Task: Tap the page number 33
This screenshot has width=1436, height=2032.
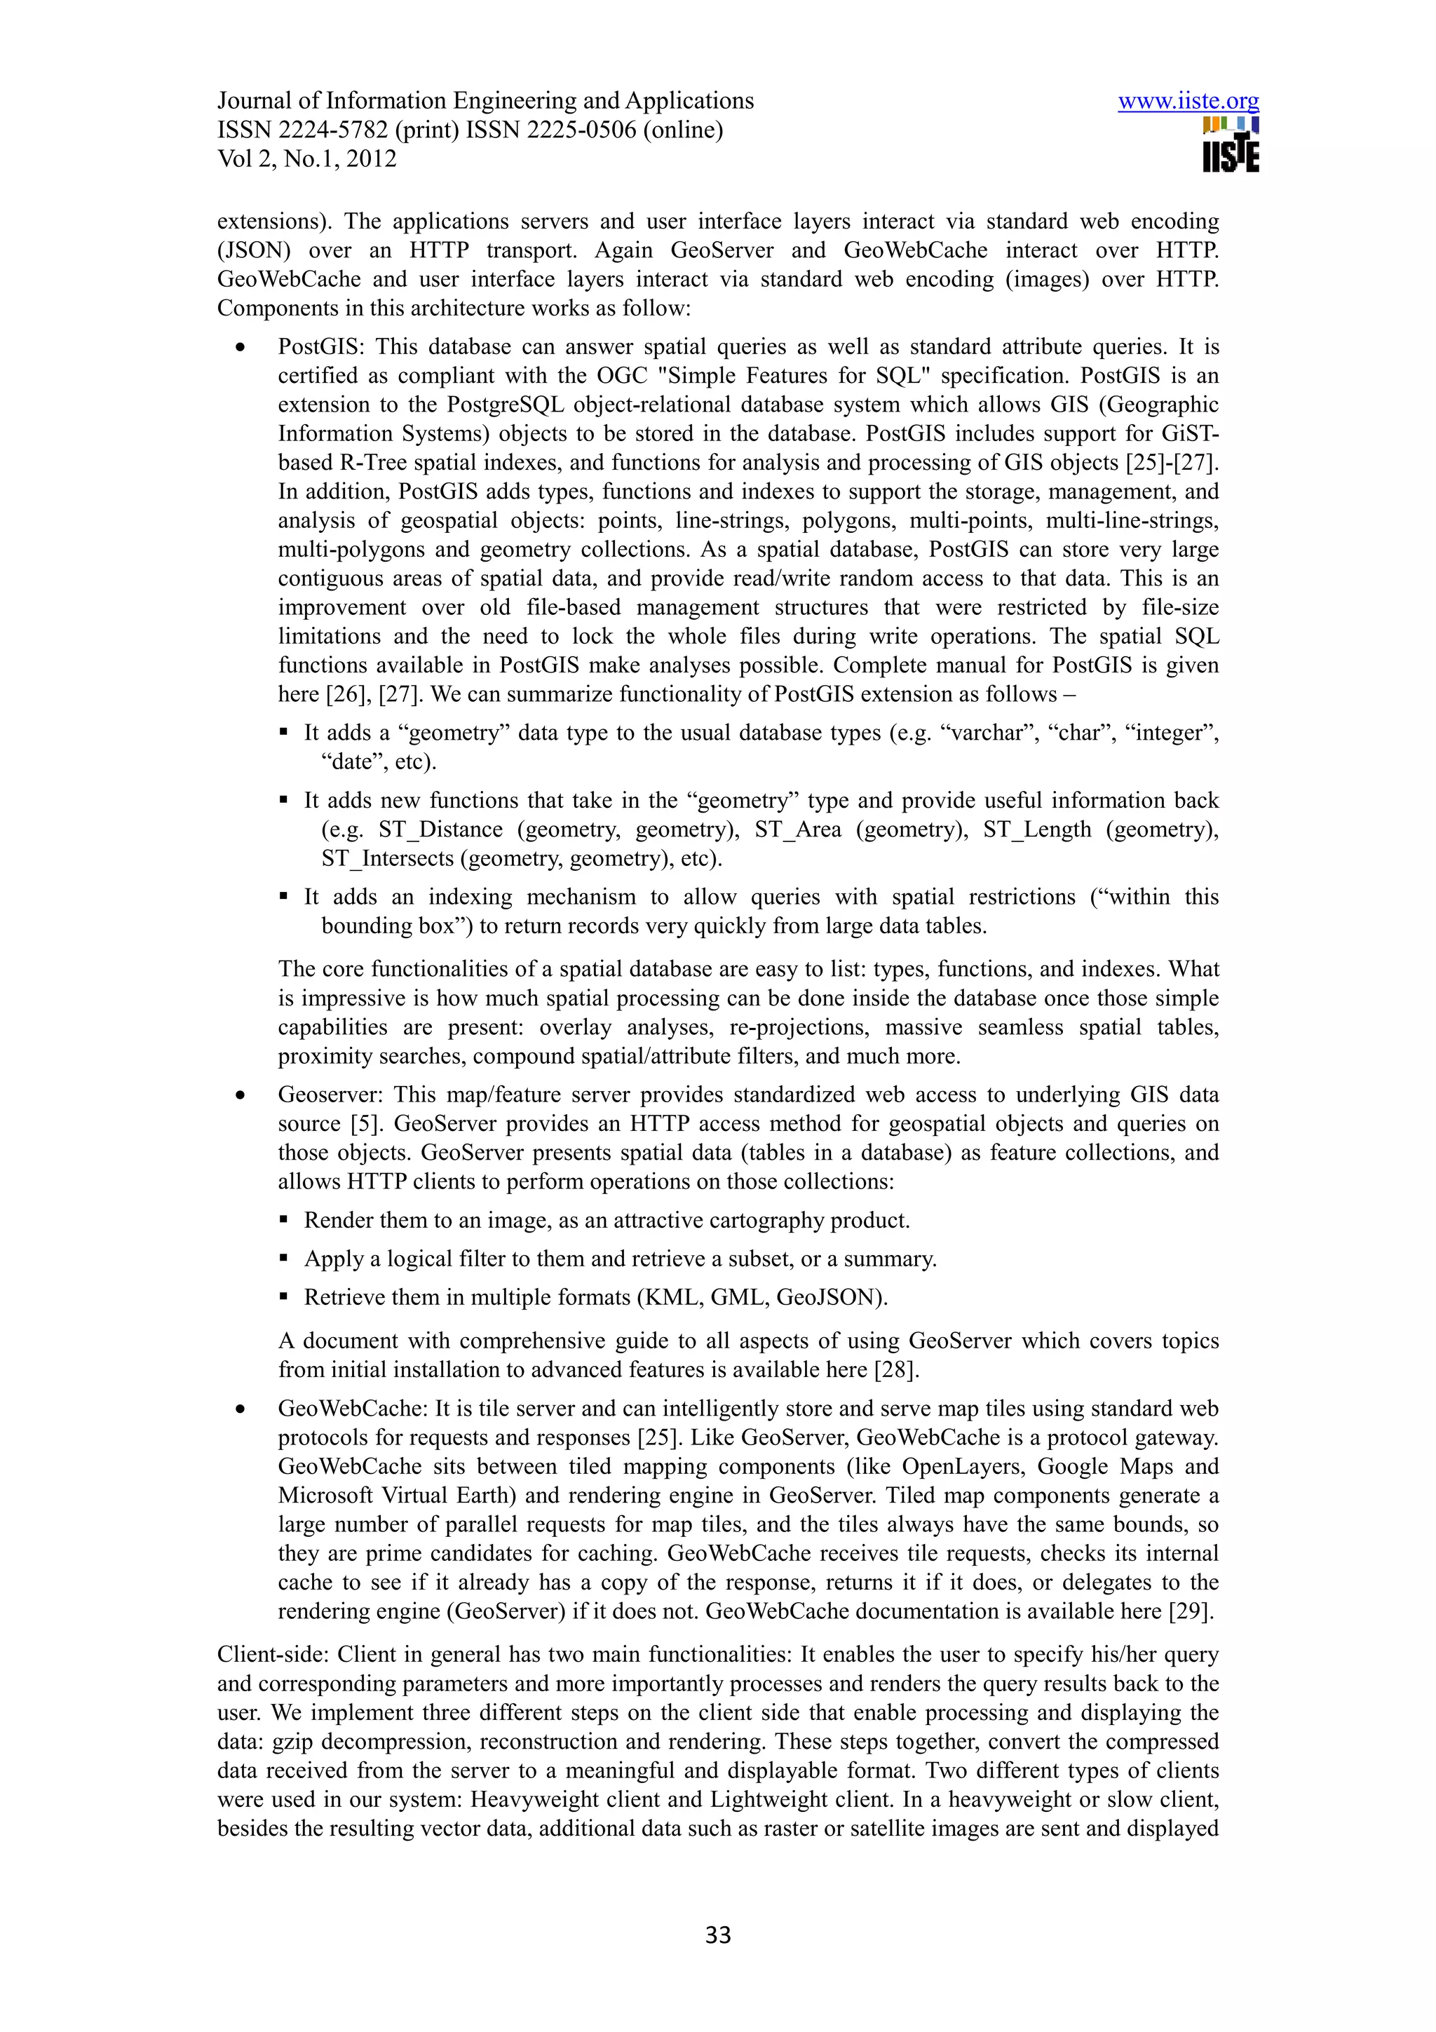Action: coord(717,1935)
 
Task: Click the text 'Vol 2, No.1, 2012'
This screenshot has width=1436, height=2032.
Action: coord(306,159)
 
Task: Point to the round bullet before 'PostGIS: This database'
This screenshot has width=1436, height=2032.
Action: coord(240,348)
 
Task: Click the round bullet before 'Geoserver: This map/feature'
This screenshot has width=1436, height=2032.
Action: coord(240,1096)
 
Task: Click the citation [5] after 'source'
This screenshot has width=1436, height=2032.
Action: coord(365,1124)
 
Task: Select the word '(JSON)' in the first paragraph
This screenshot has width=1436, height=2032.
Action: coord(254,250)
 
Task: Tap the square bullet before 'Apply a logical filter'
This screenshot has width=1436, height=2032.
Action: coord(284,1259)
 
